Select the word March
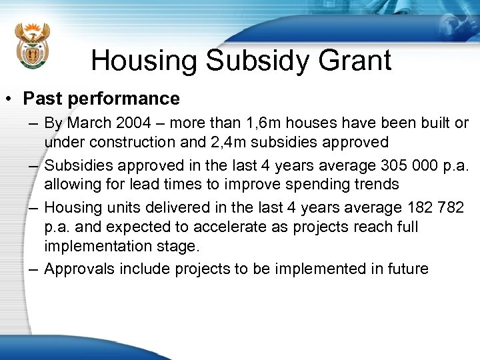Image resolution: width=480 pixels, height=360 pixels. [90, 123]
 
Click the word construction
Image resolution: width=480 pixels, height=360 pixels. [133, 142]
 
